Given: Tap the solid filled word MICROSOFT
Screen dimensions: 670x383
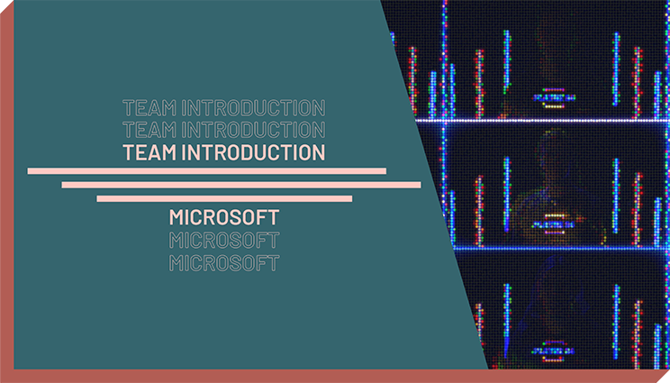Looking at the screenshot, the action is pyautogui.click(x=224, y=217).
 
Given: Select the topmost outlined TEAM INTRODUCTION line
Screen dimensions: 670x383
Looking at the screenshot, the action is pyautogui.click(x=224, y=108).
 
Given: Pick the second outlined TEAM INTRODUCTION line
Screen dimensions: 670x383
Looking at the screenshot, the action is pyautogui.click(x=224, y=130).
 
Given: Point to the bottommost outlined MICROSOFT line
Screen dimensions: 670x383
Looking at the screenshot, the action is pyautogui.click(x=224, y=263).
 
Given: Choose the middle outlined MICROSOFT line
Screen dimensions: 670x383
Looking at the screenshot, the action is pyautogui.click(x=224, y=241).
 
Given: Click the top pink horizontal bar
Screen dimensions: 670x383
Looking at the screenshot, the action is pyautogui.click(x=207, y=171).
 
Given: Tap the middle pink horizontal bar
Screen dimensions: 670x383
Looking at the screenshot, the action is pyautogui.click(x=241, y=185).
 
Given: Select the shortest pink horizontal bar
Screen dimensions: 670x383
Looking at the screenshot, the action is pyautogui.click(x=224, y=198).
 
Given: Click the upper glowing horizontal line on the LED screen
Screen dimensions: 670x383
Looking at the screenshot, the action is pyautogui.click(x=543, y=121).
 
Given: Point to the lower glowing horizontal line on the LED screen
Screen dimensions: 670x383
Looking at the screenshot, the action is pyautogui.click(x=561, y=248).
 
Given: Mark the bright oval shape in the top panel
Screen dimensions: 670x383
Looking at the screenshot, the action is pyautogui.click(x=554, y=98).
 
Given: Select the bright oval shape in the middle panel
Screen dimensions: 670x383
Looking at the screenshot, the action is pyautogui.click(x=554, y=224).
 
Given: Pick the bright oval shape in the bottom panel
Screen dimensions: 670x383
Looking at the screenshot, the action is pyautogui.click(x=554, y=351).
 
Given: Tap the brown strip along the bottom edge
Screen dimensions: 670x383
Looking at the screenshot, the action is pyautogui.click(x=335, y=376).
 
